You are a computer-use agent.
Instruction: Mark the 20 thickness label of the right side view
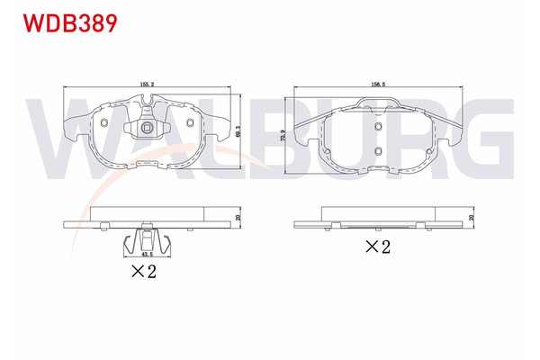(472, 217)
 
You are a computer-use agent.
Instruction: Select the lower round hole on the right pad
(379, 150)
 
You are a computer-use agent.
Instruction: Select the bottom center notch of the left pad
(145, 164)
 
